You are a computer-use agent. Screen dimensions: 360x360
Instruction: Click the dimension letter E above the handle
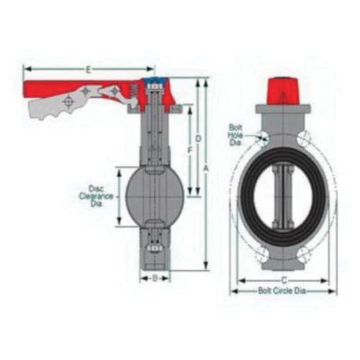click(x=86, y=69)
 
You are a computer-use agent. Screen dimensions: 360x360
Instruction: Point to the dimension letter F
click(x=189, y=150)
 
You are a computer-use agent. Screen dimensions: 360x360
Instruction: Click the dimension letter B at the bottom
click(x=154, y=277)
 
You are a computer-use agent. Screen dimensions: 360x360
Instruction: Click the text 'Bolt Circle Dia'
click(x=284, y=291)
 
